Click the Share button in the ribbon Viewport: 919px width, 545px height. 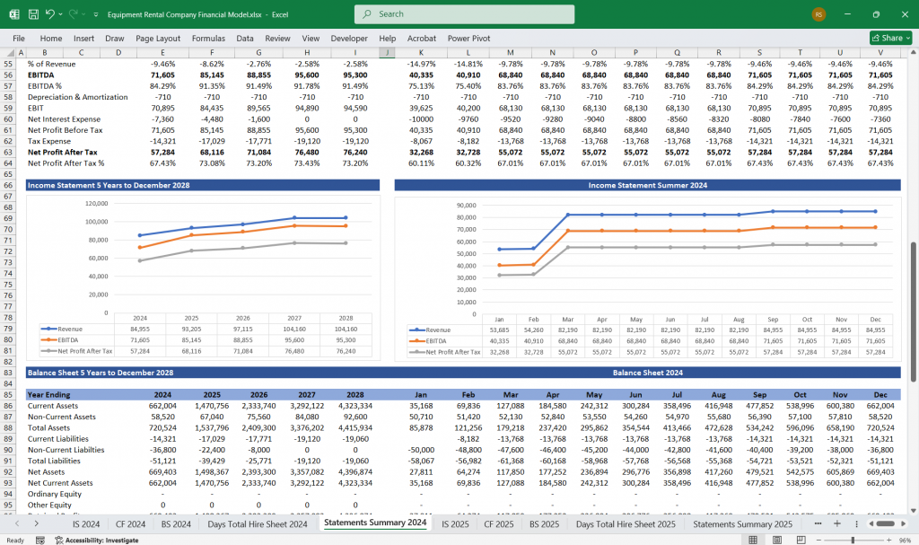pos(886,39)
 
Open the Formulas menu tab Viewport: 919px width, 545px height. pos(208,39)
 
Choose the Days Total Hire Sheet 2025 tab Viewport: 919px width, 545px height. pos(626,523)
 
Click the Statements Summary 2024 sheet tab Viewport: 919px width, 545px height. pos(375,523)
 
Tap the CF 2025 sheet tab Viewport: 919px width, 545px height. pos(499,523)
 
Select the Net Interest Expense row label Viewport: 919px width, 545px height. pos(66,119)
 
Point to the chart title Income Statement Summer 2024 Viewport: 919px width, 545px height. pos(647,185)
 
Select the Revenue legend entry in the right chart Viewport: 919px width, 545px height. pos(437,330)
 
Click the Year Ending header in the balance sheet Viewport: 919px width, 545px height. pos(49,394)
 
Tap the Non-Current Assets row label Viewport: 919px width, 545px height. pos(64,417)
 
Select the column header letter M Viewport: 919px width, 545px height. pos(510,53)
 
